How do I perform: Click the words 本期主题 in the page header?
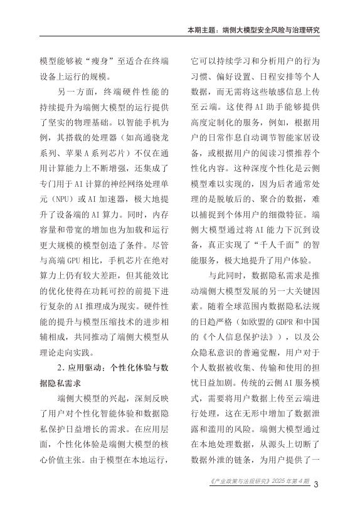202,29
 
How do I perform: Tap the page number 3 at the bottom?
317,484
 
